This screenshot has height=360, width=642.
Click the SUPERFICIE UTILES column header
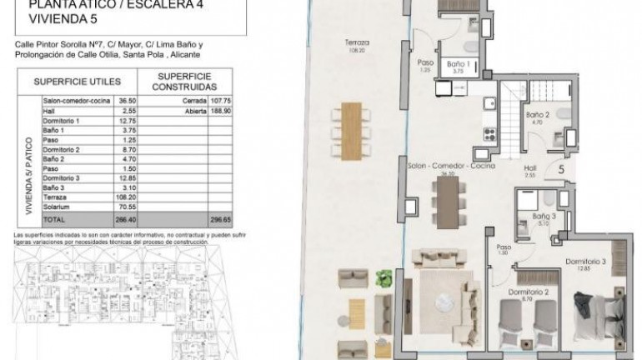(78, 82)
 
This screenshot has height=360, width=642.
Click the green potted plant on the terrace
(384, 277)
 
